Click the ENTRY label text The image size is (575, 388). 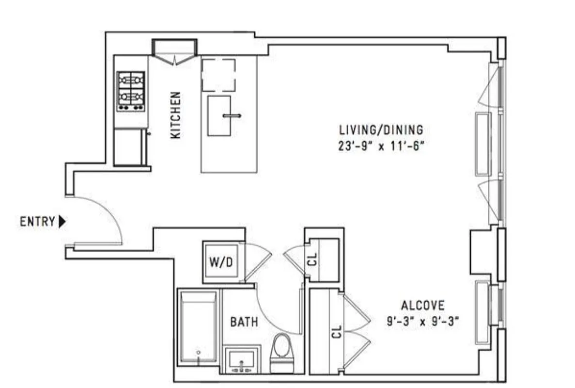(x=37, y=222)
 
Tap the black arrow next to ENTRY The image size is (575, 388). (x=62, y=222)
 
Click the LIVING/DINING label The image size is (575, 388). (x=381, y=130)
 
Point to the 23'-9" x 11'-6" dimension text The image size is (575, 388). (x=381, y=146)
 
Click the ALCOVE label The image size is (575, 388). (x=422, y=306)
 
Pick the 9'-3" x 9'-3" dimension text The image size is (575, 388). (x=422, y=321)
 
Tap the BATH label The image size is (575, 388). (x=244, y=322)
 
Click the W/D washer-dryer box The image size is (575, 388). (x=221, y=262)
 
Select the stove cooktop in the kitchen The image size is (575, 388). (x=131, y=91)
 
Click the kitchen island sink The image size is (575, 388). (x=219, y=115)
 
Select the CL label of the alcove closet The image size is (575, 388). (x=337, y=332)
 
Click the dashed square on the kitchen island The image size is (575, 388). (x=218, y=75)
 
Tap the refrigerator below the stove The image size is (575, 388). (x=130, y=146)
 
